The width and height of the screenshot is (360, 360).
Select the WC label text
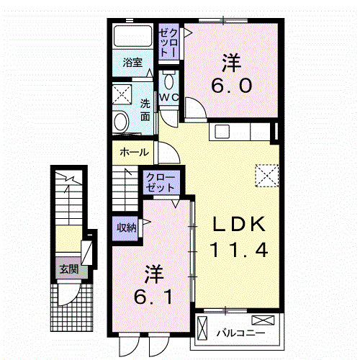(x=168, y=97)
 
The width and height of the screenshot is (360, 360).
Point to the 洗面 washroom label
(x=145, y=109)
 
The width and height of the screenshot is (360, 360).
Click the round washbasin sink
(x=121, y=120)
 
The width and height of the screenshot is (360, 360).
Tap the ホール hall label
(x=134, y=152)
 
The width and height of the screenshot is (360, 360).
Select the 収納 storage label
(x=127, y=228)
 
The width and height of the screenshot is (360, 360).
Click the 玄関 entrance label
(x=69, y=271)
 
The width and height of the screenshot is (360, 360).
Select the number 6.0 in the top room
(x=230, y=86)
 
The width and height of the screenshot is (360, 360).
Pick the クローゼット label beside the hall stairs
(x=161, y=181)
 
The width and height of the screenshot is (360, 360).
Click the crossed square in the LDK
(x=266, y=174)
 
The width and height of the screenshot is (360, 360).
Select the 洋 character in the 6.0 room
(x=230, y=63)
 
